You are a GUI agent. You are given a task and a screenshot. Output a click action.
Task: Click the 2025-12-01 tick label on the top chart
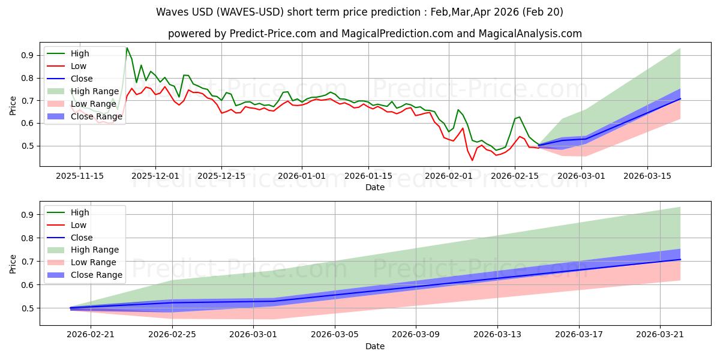pos(155,176)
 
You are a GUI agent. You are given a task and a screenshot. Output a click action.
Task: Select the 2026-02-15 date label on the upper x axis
pos(515,176)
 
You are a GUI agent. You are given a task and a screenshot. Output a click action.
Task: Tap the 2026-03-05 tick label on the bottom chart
pos(335,335)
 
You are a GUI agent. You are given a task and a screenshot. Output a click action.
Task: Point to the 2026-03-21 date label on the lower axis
pos(660,335)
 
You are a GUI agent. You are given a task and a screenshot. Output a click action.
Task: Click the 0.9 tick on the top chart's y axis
pos(28,55)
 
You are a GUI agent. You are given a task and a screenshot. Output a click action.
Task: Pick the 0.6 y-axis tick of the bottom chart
pos(28,285)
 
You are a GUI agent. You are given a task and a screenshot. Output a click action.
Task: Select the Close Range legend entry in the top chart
pos(85,116)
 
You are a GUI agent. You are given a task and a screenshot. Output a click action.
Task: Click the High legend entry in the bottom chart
pos(68,212)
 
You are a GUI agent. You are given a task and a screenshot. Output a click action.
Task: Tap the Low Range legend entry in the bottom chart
pos(82,262)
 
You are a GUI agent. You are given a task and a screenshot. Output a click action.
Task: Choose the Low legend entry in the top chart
pos(67,66)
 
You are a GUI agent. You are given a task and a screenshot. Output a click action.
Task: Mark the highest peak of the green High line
pos(127,48)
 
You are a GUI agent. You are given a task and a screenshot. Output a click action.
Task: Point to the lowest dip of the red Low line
pos(472,160)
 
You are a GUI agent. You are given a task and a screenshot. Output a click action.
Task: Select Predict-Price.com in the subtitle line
pos(273,34)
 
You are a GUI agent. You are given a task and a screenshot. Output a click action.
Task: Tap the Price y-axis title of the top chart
pos(13,106)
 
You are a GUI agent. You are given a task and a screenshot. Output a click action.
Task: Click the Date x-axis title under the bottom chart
pos(375,346)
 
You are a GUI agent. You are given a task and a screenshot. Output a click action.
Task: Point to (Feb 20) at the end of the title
pos(542,12)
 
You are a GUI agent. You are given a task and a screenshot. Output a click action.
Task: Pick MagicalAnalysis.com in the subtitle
pos(530,34)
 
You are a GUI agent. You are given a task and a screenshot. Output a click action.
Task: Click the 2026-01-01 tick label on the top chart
pos(301,176)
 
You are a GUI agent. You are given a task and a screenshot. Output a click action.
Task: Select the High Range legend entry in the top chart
pos(83,91)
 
